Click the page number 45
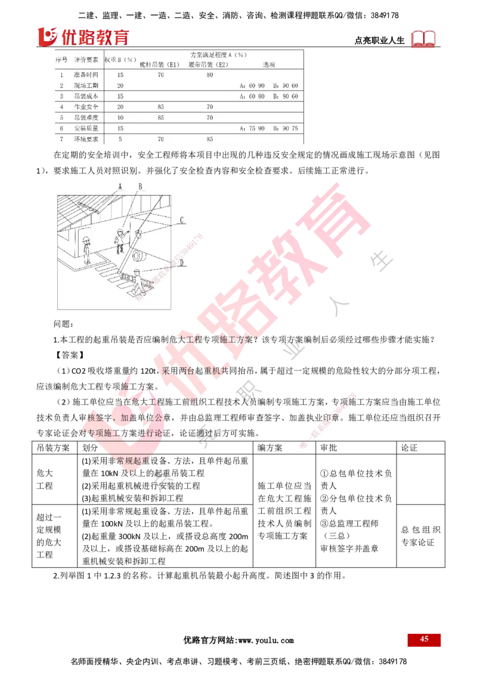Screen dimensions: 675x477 click(424, 639)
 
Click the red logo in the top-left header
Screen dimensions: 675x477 click(83, 37)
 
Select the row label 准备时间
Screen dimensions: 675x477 click(85, 75)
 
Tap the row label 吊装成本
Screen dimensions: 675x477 click(85, 96)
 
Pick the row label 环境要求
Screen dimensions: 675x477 click(85, 139)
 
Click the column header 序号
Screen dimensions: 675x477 click(61, 60)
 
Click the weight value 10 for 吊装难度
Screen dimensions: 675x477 click(120, 117)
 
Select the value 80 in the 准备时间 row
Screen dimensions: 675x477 click(209, 75)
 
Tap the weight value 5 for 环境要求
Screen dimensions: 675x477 click(120, 139)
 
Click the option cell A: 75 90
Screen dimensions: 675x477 click(252, 128)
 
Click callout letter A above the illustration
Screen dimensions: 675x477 click(120, 186)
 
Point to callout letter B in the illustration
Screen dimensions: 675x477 click(140, 186)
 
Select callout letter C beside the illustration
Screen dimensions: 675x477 click(181, 219)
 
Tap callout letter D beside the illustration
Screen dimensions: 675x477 click(181, 261)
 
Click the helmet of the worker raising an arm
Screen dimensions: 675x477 click(121, 230)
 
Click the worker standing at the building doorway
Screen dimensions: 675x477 click(87, 250)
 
